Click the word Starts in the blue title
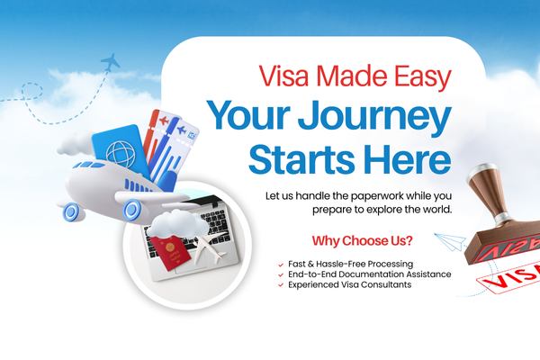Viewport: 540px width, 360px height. (301, 159)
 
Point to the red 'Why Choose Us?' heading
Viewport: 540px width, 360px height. (363, 241)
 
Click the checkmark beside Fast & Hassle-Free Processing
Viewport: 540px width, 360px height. (282, 264)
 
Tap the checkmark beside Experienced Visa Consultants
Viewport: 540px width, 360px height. (282, 285)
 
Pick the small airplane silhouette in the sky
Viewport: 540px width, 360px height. (112, 62)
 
